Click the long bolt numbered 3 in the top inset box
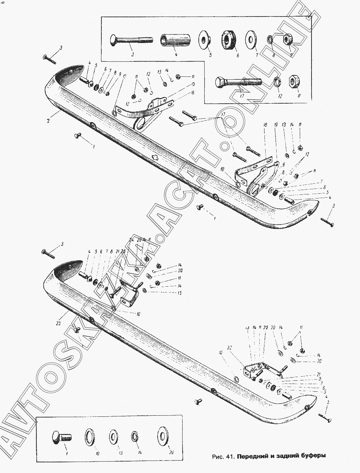(x=130, y=40)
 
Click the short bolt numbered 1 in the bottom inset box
(x=61, y=437)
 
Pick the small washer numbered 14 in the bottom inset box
(x=135, y=437)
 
